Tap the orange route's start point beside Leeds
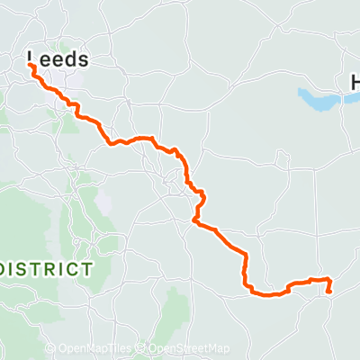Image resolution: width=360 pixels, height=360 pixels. (31, 67)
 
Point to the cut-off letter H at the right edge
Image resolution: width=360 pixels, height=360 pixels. (355, 83)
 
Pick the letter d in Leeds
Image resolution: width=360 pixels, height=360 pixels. (71, 60)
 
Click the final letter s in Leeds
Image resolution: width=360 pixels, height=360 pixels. (84, 61)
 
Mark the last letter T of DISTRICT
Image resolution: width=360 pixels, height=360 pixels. (85, 269)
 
